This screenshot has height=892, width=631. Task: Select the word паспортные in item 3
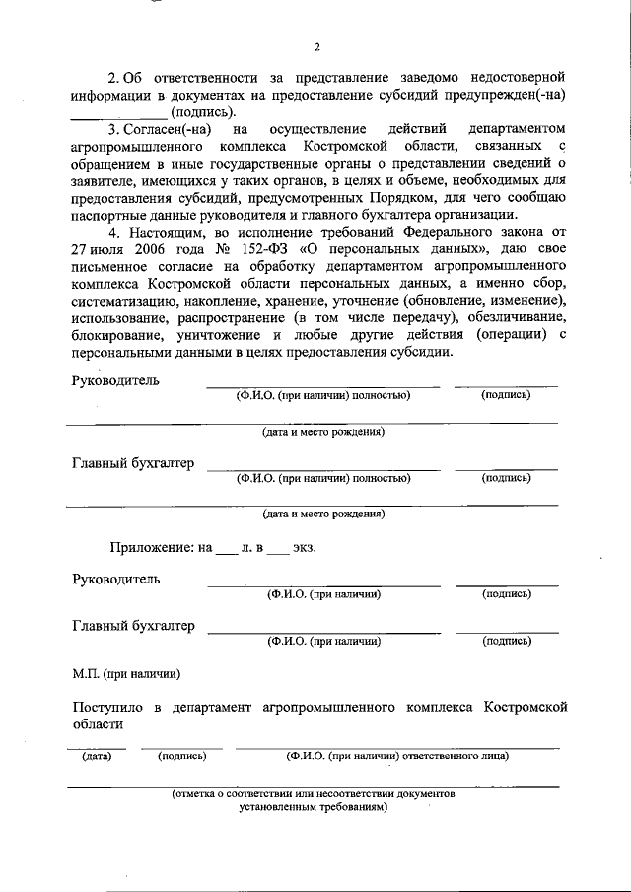click(110, 216)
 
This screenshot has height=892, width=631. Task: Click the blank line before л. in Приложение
click(227, 549)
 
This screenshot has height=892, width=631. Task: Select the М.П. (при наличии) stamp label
click(125, 674)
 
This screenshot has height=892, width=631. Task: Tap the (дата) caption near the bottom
click(96, 756)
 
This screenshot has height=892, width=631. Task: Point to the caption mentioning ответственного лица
click(397, 756)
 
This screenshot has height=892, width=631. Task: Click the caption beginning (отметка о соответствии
click(314, 792)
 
